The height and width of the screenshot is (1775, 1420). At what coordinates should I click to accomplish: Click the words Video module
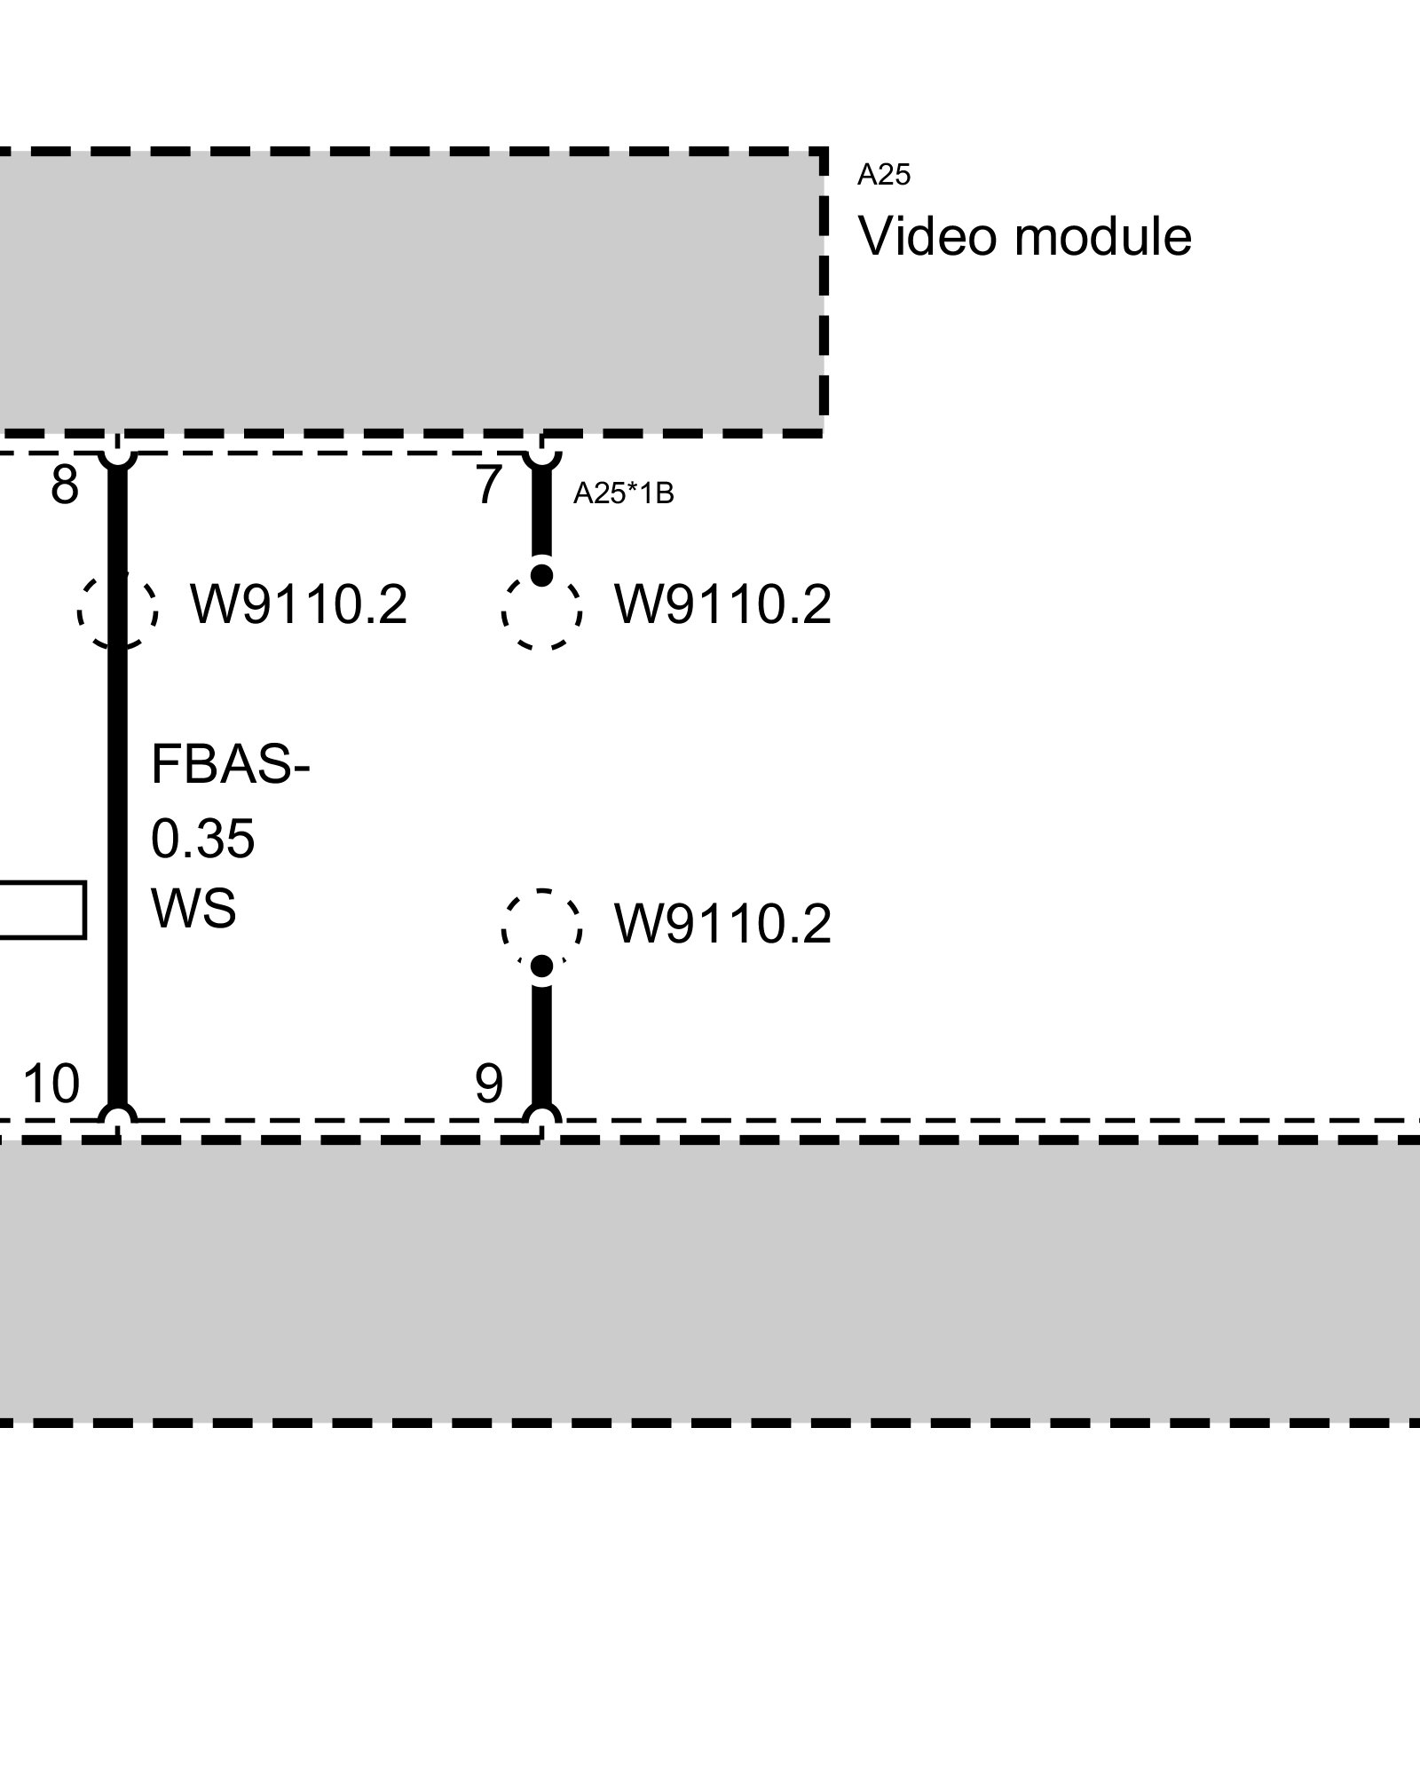click(1025, 237)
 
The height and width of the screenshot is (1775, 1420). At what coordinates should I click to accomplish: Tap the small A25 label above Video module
click(883, 176)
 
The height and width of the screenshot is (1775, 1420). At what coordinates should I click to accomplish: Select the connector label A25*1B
click(623, 493)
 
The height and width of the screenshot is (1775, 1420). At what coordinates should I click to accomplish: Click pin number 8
click(64, 485)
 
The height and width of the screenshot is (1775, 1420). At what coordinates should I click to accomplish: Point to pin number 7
click(489, 485)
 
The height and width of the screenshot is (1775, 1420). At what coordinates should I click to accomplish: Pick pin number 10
click(51, 1084)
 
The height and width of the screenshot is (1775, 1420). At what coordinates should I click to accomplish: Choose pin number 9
click(489, 1084)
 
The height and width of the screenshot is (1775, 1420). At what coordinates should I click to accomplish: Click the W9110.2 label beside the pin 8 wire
click(299, 605)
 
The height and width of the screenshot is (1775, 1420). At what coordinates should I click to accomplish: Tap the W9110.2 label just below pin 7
click(722, 605)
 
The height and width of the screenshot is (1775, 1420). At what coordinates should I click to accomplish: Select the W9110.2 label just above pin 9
click(722, 924)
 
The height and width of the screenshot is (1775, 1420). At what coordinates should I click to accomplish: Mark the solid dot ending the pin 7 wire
click(541, 575)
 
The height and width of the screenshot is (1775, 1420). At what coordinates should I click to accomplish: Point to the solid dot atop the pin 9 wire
click(541, 966)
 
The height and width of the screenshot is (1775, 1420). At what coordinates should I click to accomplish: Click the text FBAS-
click(230, 764)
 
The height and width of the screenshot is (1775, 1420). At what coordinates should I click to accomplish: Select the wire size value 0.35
click(203, 838)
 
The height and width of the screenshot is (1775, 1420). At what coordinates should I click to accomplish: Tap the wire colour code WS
click(193, 909)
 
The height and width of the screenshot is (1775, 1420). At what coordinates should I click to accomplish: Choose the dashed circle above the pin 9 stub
click(541, 927)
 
